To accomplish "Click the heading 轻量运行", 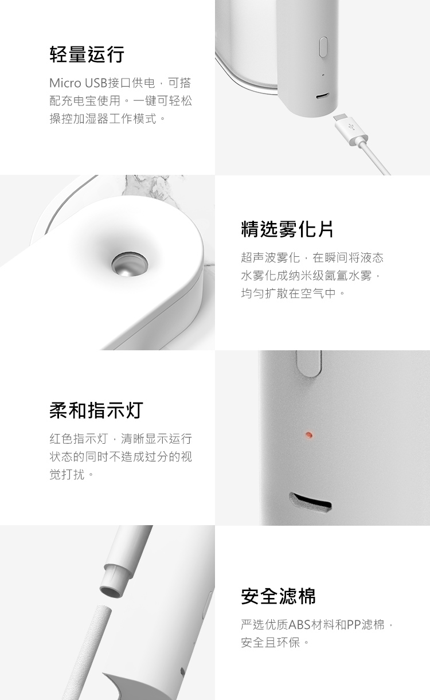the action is (x=87, y=54).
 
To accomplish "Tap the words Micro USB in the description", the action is (x=79, y=83).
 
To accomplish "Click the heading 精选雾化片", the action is (x=287, y=229).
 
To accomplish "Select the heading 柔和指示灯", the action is (x=96, y=410).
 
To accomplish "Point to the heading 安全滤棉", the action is (x=278, y=596).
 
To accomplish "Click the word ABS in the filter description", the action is (x=299, y=625).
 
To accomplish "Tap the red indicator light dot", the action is (x=309, y=435).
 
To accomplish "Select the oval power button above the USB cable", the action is (x=323, y=47).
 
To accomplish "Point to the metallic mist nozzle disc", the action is (x=129, y=265).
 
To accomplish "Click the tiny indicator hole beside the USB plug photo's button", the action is (x=323, y=75).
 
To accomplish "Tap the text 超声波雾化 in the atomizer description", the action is (x=270, y=258).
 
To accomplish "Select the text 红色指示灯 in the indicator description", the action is (x=79, y=439).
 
